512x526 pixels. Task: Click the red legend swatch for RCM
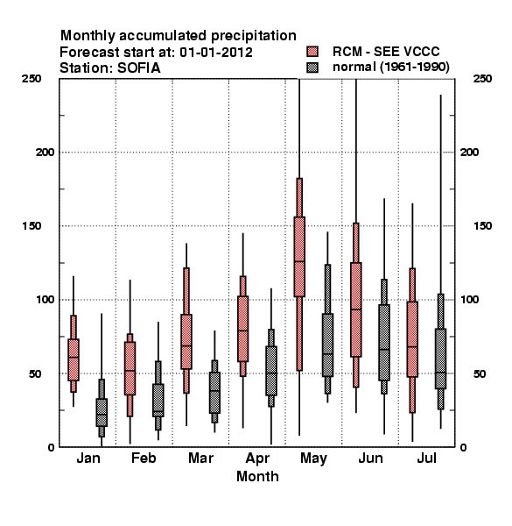click(x=312, y=52)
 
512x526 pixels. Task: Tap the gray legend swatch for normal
click(x=312, y=68)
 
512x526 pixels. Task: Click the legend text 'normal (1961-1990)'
click(x=390, y=68)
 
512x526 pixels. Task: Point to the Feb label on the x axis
click(x=144, y=458)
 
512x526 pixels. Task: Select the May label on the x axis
click(x=313, y=458)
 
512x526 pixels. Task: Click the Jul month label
click(x=426, y=458)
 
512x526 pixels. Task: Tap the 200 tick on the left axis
click(x=45, y=152)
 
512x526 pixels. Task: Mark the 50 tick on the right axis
click(x=480, y=373)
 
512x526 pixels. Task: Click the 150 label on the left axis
click(x=32, y=226)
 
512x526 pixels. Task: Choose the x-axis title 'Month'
click(x=257, y=476)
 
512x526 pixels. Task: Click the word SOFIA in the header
click(x=138, y=68)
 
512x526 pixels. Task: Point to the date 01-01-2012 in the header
click(x=216, y=53)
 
